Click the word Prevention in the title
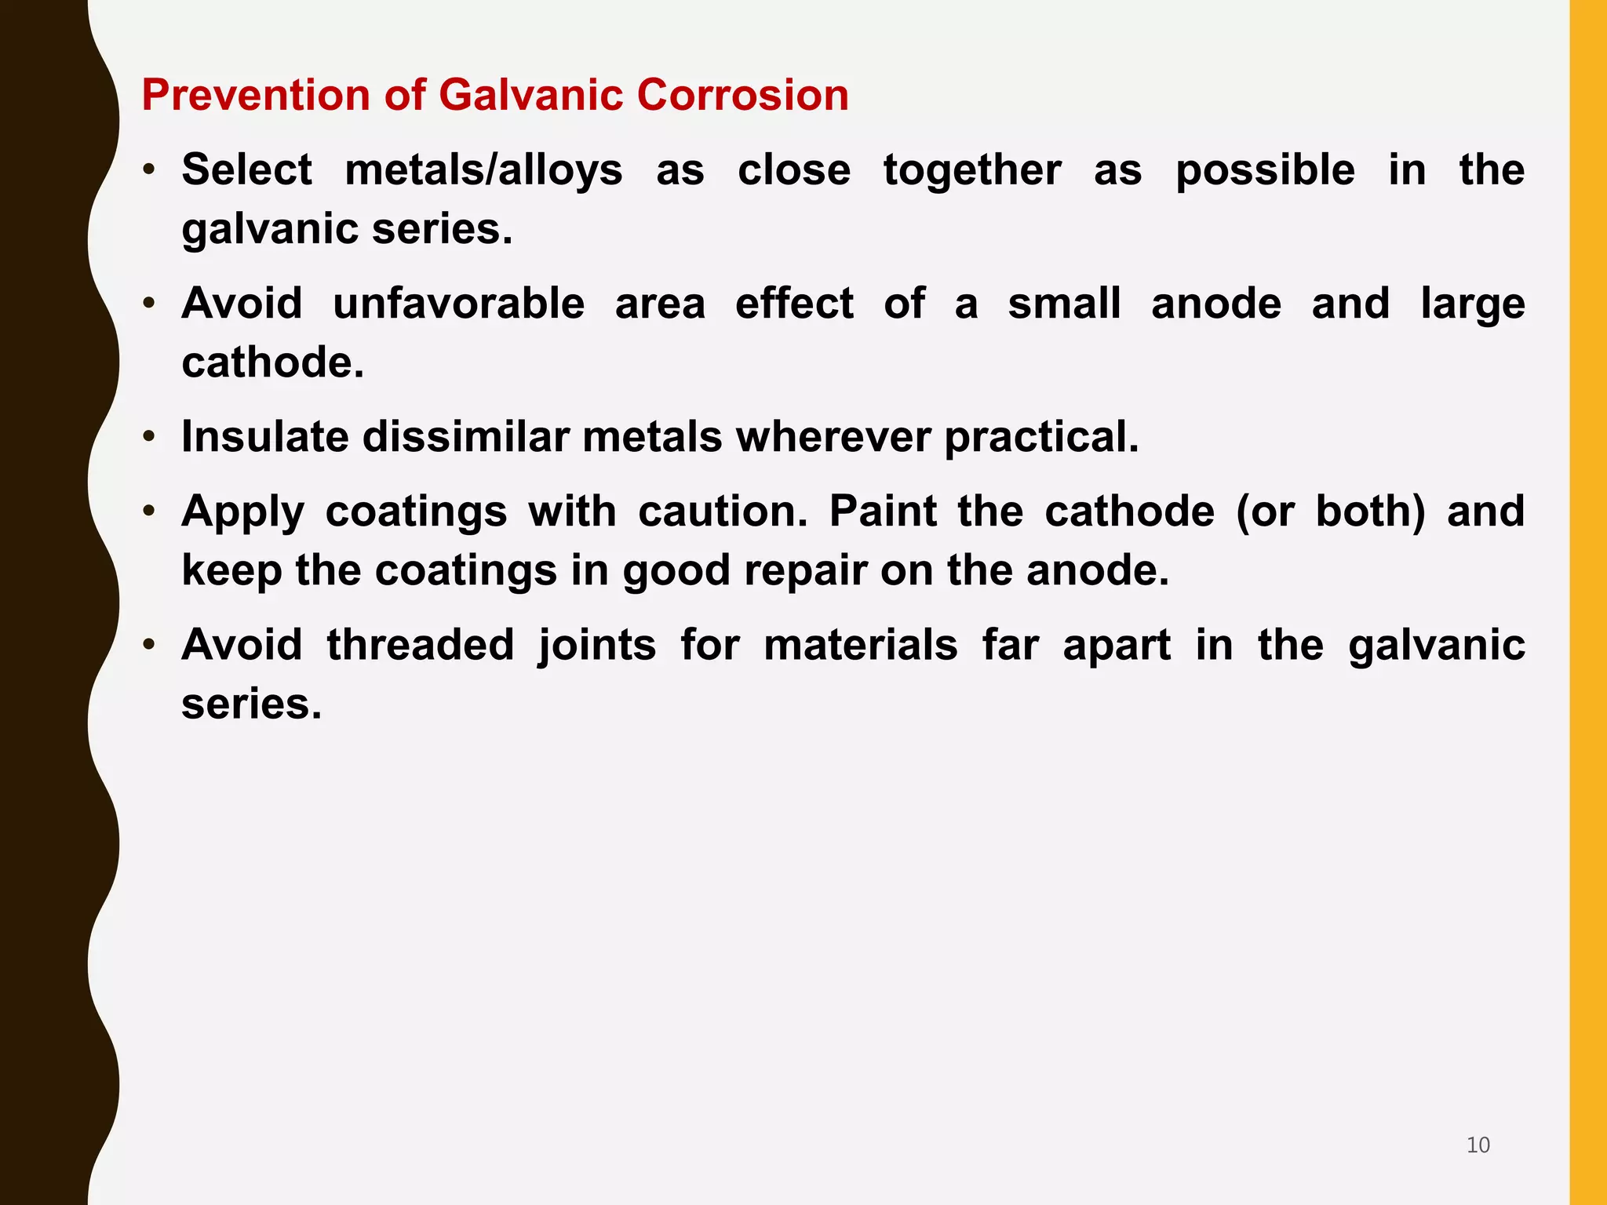coord(255,95)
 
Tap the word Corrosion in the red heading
coord(742,95)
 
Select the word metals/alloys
coord(483,170)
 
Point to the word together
coord(972,170)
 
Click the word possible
coord(1265,170)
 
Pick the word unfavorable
coord(459,304)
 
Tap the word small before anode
coord(1064,304)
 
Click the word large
coord(1472,305)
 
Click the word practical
coord(1041,437)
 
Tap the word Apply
coord(242,512)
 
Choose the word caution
coord(722,511)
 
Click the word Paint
coord(884,511)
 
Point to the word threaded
coord(421,645)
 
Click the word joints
coord(597,646)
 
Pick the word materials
coord(860,645)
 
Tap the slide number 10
coord(1478,1145)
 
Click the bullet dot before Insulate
coord(149,436)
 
